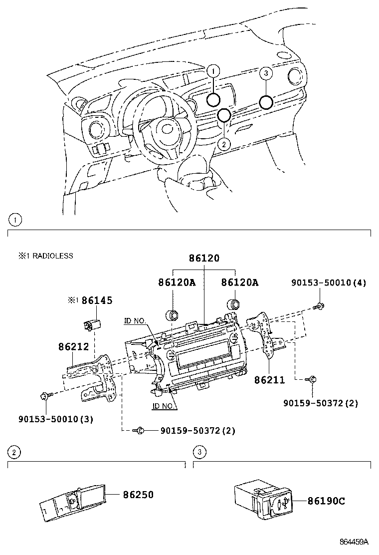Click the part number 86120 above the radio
click(204, 258)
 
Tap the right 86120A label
click(240, 282)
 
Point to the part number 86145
click(97, 300)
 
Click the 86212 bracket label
click(73, 345)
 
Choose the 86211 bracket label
click(269, 380)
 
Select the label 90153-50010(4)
click(329, 283)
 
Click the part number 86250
click(138, 495)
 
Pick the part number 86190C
click(326, 501)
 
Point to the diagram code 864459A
click(354, 542)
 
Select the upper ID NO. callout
click(135, 321)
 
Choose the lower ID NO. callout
click(164, 406)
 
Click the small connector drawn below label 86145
click(90, 324)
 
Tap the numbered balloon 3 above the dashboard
click(266, 73)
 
